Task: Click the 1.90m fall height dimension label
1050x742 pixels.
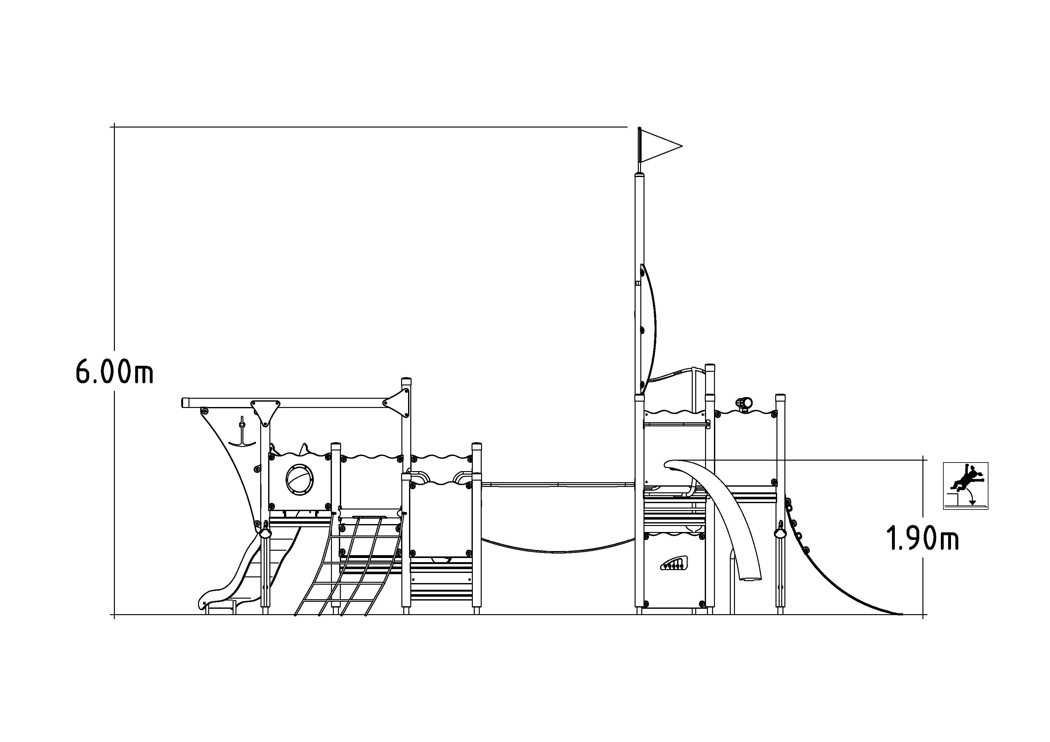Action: pyautogui.click(x=922, y=539)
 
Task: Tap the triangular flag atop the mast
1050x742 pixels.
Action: pyautogui.click(x=660, y=146)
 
